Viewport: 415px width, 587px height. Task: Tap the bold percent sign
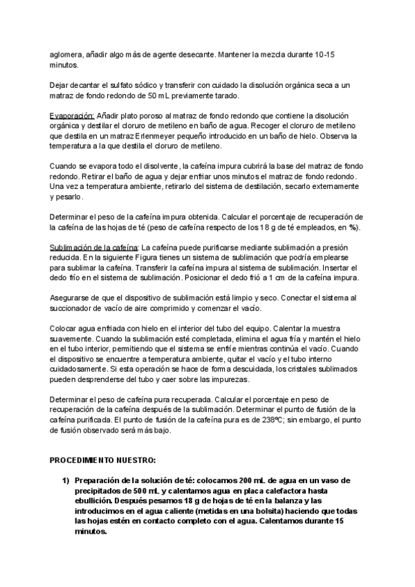click(x=353, y=228)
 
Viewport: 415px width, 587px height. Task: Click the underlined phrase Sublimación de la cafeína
click(x=94, y=249)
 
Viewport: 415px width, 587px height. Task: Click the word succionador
click(x=73, y=309)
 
